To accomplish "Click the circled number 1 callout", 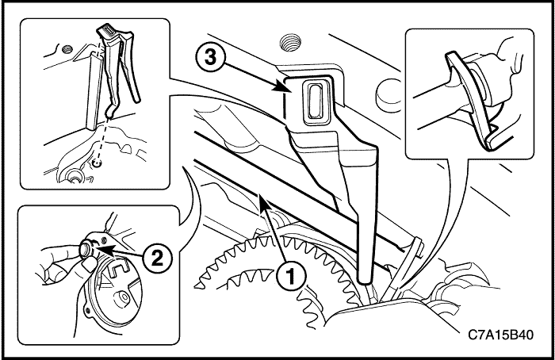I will click(291, 276).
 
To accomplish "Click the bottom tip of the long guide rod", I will click(365, 278).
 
